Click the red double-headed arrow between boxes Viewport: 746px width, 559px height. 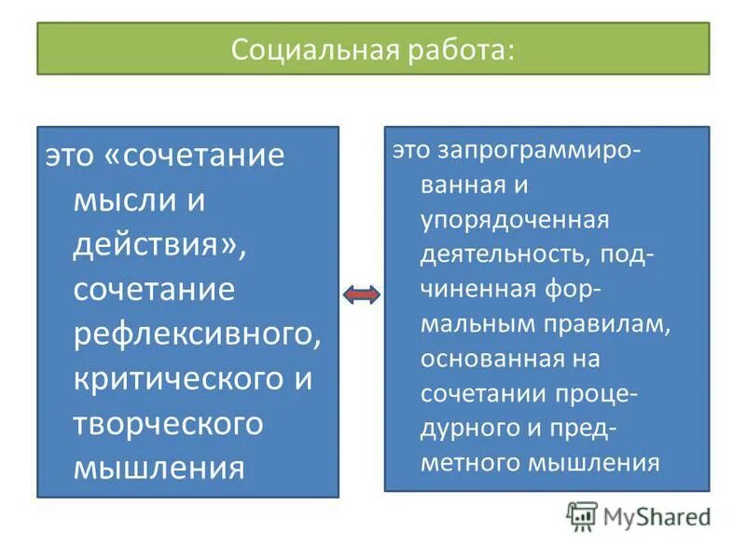(362, 295)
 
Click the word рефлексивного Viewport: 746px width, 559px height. (197, 334)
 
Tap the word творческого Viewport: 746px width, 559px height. (168, 424)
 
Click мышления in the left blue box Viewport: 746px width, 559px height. (159, 466)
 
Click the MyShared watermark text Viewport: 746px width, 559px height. (657, 515)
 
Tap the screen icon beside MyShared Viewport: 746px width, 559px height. (582, 515)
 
